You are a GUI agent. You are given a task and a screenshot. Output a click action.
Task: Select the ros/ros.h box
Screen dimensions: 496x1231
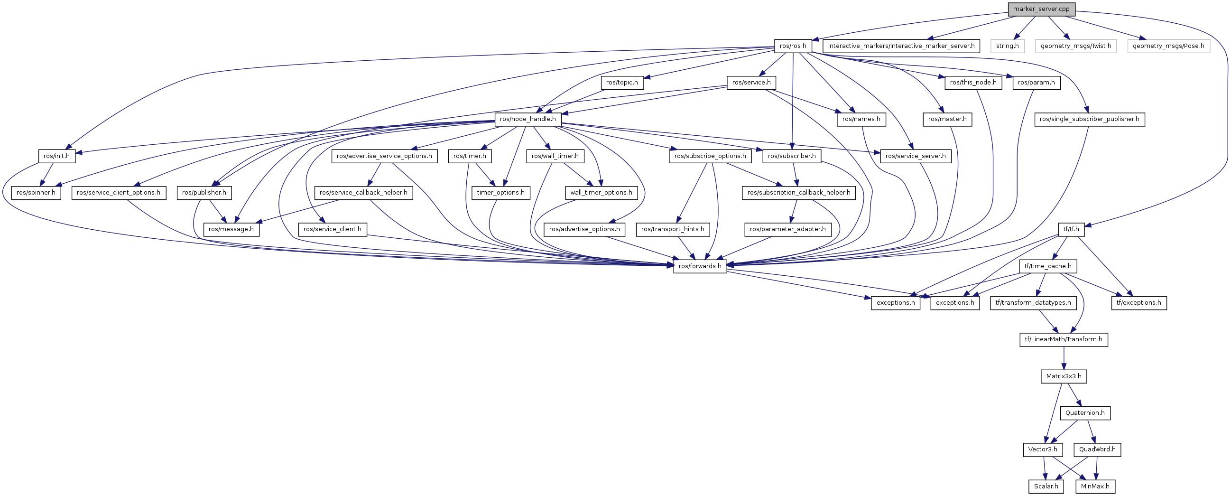(x=793, y=46)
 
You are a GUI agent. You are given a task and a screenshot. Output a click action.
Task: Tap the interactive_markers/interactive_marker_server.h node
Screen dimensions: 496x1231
(x=901, y=46)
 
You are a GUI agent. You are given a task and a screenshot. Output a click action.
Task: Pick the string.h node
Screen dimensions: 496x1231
(x=1008, y=46)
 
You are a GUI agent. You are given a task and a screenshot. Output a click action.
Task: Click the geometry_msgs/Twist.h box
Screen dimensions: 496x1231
(x=1076, y=46)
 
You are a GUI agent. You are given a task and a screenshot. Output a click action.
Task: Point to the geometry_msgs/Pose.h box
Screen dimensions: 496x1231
(x=1168, y=46)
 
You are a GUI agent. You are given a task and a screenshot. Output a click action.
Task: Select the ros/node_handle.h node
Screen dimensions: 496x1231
(x=528, y=119)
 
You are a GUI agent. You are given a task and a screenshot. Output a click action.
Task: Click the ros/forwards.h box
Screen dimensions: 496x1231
(x=700, y=266)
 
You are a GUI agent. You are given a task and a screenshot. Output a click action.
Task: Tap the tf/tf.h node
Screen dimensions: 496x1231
(x=1071, y=229)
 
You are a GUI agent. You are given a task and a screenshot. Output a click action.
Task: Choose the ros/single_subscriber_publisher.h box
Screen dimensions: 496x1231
(x=1090, y=119)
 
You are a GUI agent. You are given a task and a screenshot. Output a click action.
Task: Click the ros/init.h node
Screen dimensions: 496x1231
(x=56, y=156)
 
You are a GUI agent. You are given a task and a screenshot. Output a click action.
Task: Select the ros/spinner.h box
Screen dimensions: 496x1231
(x=36, y=193)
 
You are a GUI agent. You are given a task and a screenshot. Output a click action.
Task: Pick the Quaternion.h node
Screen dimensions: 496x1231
(x=1085, y=413)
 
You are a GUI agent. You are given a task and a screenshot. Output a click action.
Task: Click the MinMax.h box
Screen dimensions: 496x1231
(x=1095, y=486)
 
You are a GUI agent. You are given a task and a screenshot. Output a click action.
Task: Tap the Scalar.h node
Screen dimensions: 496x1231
(x=1046, y=486)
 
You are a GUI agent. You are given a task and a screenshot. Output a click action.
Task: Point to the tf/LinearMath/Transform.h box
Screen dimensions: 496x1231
(x=1063, y=339)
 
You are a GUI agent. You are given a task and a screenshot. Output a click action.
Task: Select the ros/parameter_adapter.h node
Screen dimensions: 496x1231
(x=787, y=229)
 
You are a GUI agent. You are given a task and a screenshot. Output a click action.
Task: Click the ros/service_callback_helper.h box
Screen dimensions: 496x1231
(x=363, y=193)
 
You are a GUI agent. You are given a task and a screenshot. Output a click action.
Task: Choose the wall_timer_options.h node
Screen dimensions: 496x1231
(x=601, y=193)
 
